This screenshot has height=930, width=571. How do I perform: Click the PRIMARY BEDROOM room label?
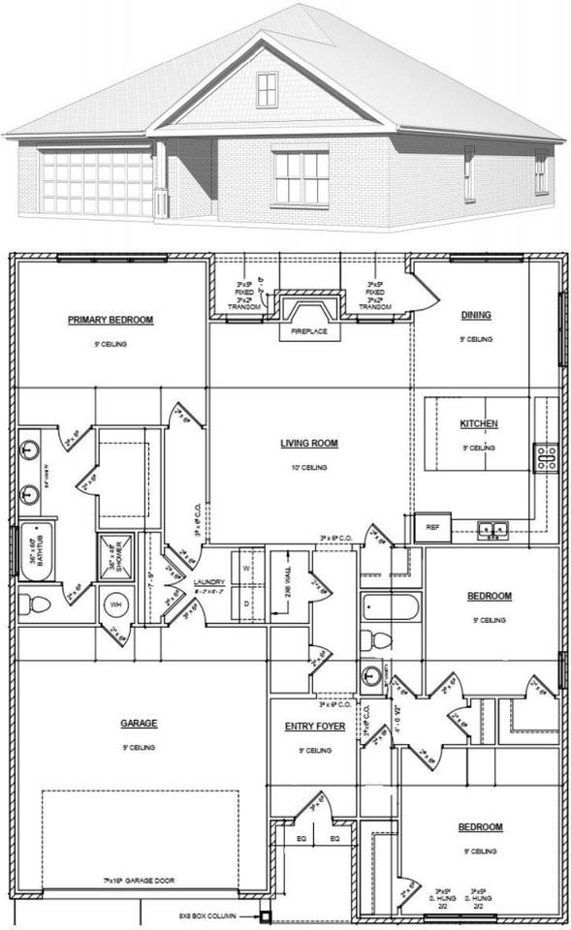(111, 320)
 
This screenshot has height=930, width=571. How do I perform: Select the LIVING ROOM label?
(309, 444)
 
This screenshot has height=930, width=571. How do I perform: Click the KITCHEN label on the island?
(479, 424)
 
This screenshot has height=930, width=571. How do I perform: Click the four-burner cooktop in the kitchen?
(546, 455)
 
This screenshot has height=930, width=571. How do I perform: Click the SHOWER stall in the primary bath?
(115, 555)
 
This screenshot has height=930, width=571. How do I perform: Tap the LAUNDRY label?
(208, 582)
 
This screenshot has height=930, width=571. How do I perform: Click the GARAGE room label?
(140, 723)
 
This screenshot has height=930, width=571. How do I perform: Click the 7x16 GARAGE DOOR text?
(140, 881)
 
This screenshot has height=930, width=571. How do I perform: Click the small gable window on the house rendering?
(268, 90)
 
